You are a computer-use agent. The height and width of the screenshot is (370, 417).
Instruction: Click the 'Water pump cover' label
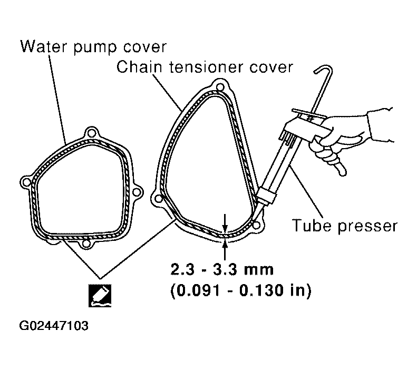click(93, 47)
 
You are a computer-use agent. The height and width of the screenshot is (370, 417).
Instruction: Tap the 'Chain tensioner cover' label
click(205, 67)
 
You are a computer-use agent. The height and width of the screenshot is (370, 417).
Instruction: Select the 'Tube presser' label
click(344, 226)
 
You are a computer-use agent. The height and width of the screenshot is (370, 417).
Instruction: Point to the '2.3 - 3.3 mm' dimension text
click(222, 270)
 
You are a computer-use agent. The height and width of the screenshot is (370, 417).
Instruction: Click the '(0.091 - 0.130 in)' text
click(241, 290)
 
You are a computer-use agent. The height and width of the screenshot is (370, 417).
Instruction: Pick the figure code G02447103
click(53, 326)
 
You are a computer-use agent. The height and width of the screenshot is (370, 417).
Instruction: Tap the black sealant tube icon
click(100, 296)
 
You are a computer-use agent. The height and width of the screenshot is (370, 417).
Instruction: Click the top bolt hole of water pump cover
click(91, 132)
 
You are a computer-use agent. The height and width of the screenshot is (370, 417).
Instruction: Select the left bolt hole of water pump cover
click(26, 182)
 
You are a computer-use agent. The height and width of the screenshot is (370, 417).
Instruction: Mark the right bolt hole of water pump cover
click(136, 192)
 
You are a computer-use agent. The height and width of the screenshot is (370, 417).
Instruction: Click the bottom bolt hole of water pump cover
click(85, 244)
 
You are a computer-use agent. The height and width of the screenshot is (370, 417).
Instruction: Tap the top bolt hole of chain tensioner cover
click(220, 87)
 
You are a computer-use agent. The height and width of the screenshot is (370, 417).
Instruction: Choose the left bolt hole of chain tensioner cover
click(158, 199)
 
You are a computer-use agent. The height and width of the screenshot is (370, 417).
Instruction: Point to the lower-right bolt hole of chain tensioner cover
click(256, 226)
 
